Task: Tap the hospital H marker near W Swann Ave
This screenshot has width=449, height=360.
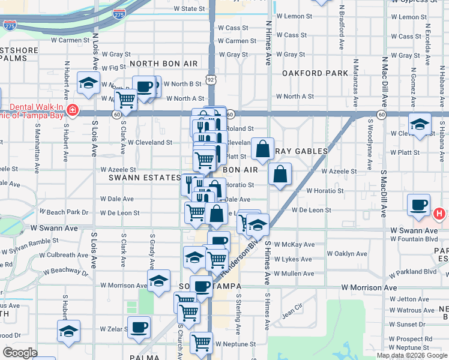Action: [x=440, y=213]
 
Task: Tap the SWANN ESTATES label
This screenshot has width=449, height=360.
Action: [x=145, y=178]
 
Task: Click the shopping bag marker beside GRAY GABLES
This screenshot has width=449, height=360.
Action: [x=262, y=149]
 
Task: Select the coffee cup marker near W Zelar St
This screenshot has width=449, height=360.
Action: [x=139, y=328]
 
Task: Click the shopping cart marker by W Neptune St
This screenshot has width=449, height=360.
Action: [x=201, y=343]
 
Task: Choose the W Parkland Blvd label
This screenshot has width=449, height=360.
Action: [x=412, y=272]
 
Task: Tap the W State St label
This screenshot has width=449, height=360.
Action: [x=189, y=10]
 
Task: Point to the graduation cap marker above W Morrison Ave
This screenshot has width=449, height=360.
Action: [x=158, y=281]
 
